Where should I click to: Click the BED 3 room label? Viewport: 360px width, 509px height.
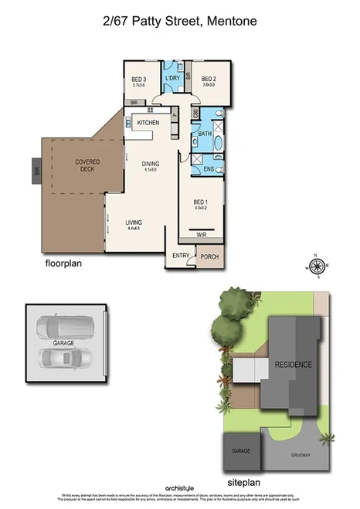point(139,79)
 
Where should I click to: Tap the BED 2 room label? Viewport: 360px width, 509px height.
point(209,79)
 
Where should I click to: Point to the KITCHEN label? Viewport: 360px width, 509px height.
point(148,124)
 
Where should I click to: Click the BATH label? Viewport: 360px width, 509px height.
point(205,134)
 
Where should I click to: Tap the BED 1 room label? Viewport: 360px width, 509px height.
point(202,202)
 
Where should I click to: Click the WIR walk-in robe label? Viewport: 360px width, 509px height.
point(201,235)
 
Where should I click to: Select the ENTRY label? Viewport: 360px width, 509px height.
point(181,256)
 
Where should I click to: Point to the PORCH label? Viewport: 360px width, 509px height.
point(209,256)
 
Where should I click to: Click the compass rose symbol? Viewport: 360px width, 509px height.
point(316,266)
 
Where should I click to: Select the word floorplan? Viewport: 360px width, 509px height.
point(63,263)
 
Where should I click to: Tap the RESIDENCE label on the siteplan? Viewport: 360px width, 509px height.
point(294,365)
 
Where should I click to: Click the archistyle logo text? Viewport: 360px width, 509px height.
point(179,488)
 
